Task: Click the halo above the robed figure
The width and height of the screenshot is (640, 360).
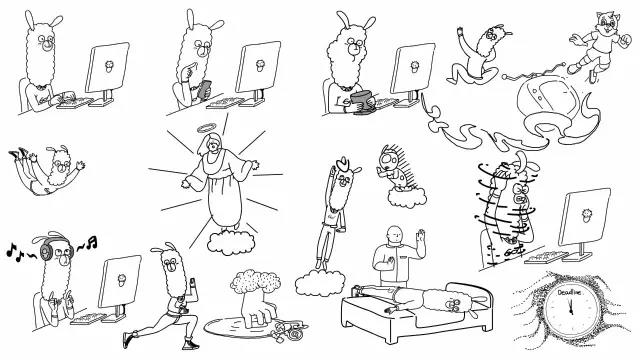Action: [x=208, y=129]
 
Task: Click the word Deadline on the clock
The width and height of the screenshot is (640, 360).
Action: [x=567, y=293]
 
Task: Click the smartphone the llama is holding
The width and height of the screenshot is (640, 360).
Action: [x=204, y=90]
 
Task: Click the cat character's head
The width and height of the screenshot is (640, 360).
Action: [x=608, y=22]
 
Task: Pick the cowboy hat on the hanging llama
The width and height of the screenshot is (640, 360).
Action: [x=343, y=164]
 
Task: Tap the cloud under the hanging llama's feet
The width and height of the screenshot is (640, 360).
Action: [x=320, y=282]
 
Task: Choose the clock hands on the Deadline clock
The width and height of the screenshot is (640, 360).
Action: [x=570, y=305]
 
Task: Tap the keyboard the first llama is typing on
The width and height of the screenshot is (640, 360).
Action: [x=76, y=102]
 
